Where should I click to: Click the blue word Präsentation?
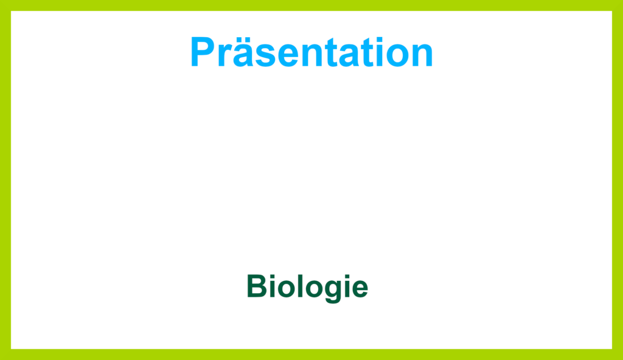pyautogui.click(x=311, y=52)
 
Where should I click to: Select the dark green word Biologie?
pyautogui.click(x=307, y=287)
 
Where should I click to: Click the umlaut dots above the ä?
pyautogui.click(x=243, y=40)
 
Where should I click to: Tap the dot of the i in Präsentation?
pyautogui.click(x=380, y=40)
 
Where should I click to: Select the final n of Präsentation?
pyautogui.click(x=422, y=56)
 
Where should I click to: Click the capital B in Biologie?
pyautogui.click(x=257, y=286)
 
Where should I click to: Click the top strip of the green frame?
pyautogui.click(x=311, y=5)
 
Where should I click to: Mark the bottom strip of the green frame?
pyautogui.click(x=311, y=355)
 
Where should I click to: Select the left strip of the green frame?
pyautogui.click(x=5, y=180)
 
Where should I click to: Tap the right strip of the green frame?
pyautogui.click(x=618, y=180)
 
